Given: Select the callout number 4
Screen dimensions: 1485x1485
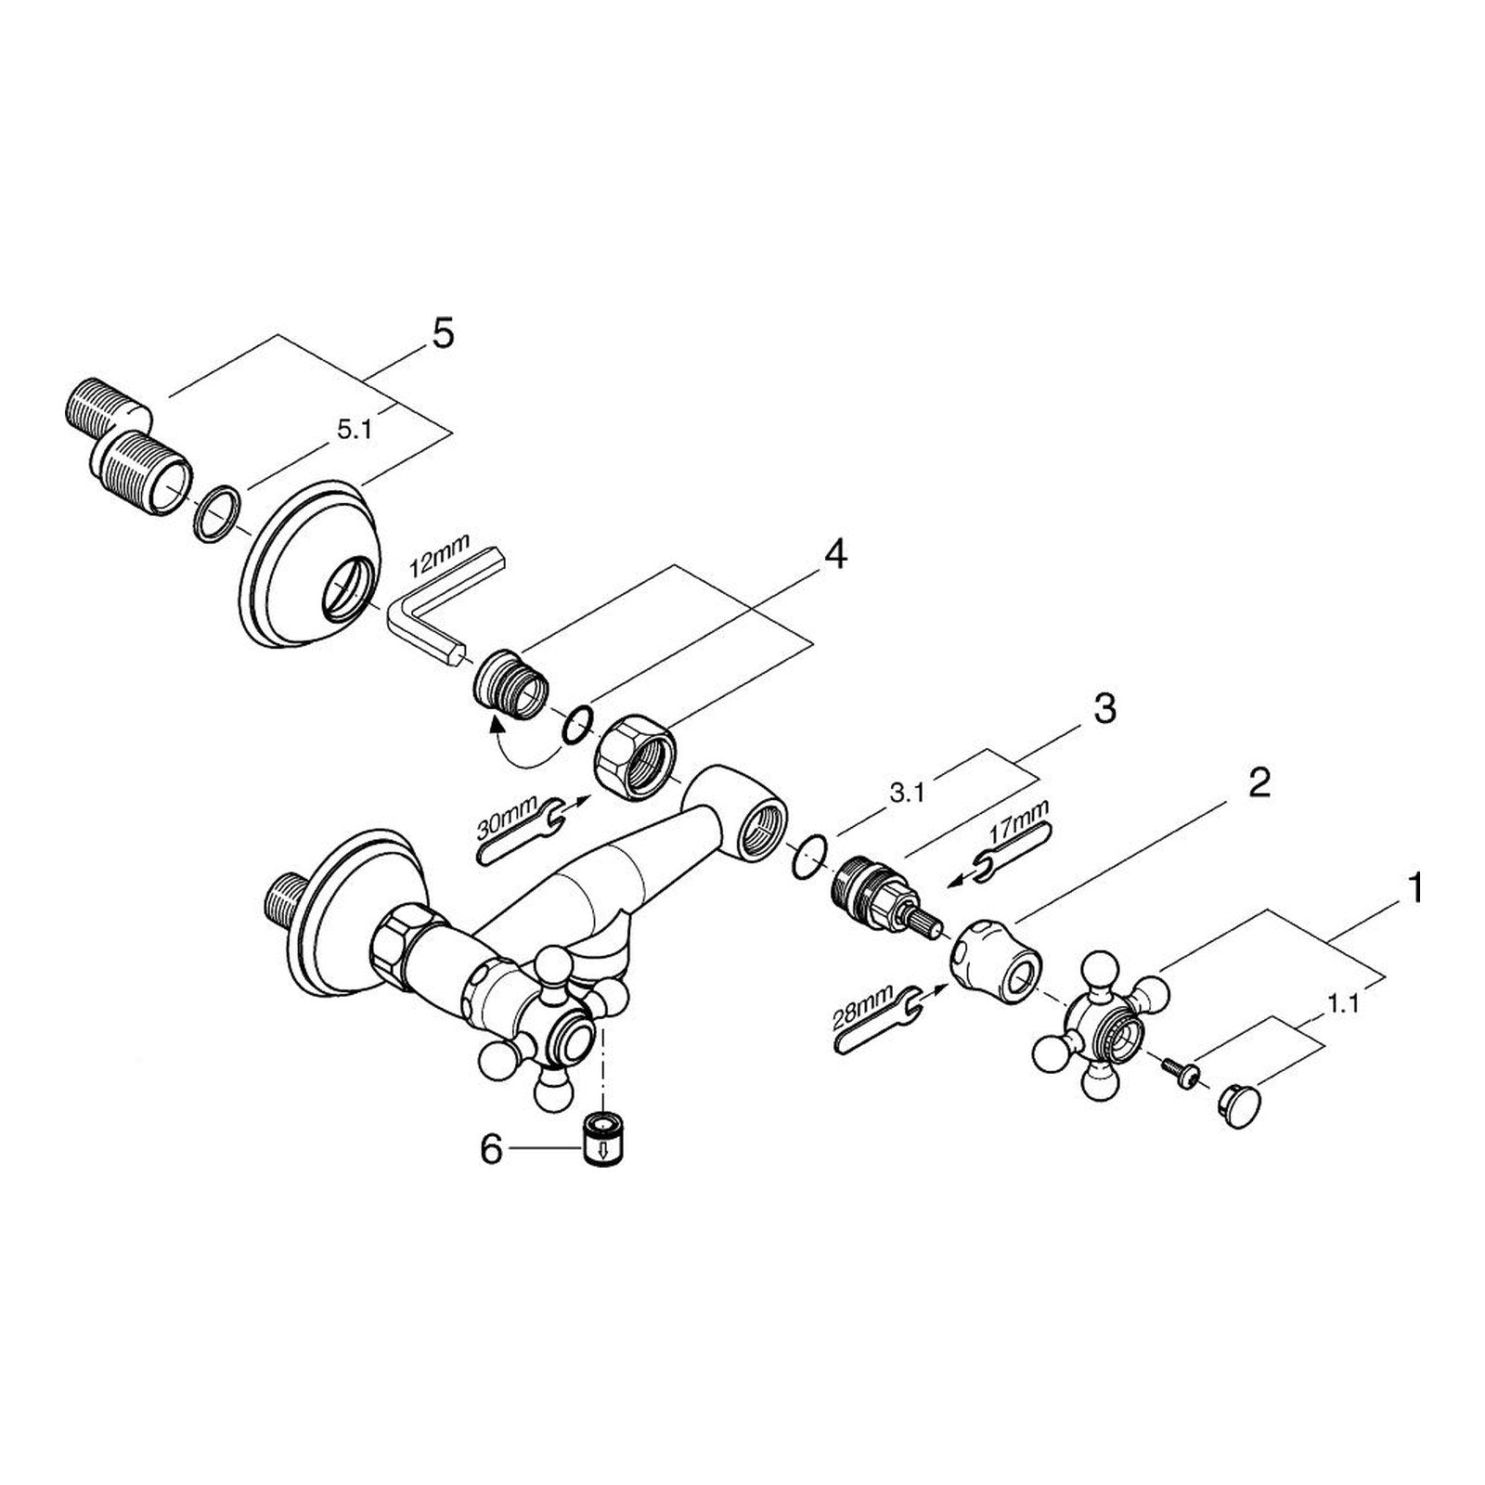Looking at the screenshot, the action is (835, 555).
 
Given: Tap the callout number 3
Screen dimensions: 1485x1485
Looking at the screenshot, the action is (1104, 710).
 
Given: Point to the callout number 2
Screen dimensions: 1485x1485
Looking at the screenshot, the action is (1258, 784).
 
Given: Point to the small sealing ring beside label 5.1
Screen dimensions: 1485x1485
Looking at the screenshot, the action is (218, 511).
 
